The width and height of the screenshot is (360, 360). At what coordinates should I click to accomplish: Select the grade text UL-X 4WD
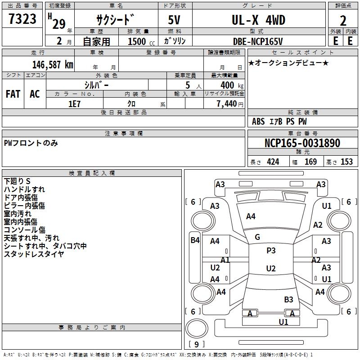tap(258, 20)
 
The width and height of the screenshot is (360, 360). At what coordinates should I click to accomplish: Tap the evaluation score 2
tap(343, 21)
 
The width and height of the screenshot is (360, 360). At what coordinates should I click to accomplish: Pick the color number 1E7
tap(74, 103)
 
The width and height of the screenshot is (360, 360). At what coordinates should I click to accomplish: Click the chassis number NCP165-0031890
tap(302, 143)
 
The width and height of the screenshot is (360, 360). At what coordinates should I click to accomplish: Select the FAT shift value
tap(13, 94)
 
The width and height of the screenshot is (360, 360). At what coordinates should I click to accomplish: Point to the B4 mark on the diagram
tap(194, 240)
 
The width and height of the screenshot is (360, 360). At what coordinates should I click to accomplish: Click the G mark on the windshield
tap(257, 237)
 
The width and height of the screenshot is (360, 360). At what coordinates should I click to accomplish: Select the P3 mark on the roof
tap(271, 251)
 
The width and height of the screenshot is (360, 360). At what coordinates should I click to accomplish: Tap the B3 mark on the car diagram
tap(288, 299)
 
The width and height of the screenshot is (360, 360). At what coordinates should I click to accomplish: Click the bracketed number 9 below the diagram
tap(196, 345)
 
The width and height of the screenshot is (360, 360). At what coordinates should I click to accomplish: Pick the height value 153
tap(346, 162)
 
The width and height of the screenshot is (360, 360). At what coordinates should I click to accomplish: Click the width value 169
tap(310, 162)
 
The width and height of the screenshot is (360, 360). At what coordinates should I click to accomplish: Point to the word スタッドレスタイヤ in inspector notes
tap(34, 254)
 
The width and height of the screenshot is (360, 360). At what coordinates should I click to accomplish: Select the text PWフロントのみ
tap(31, 143)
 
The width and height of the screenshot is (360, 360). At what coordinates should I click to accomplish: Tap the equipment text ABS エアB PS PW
tap(279, 121)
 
